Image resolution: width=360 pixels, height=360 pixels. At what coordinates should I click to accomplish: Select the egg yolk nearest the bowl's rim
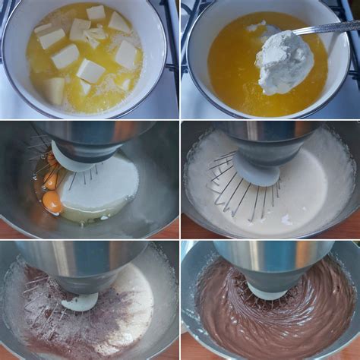52,201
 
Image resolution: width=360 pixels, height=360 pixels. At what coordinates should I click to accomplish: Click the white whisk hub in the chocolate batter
268,292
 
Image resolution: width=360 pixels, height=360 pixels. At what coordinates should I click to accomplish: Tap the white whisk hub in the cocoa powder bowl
80,302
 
